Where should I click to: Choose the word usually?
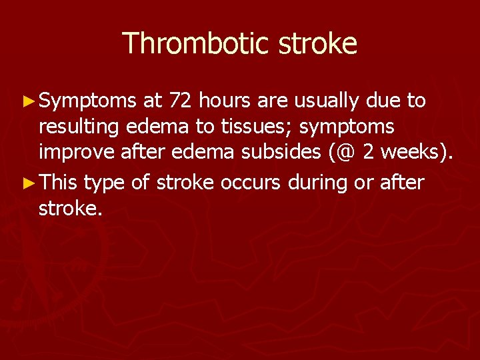click(x=329, y=101)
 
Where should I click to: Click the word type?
click(x=105, y=183)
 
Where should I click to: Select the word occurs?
click(x=249, y=183)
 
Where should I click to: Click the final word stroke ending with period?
click(x=71, y=209)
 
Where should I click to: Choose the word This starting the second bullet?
click(x=59, y=182)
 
